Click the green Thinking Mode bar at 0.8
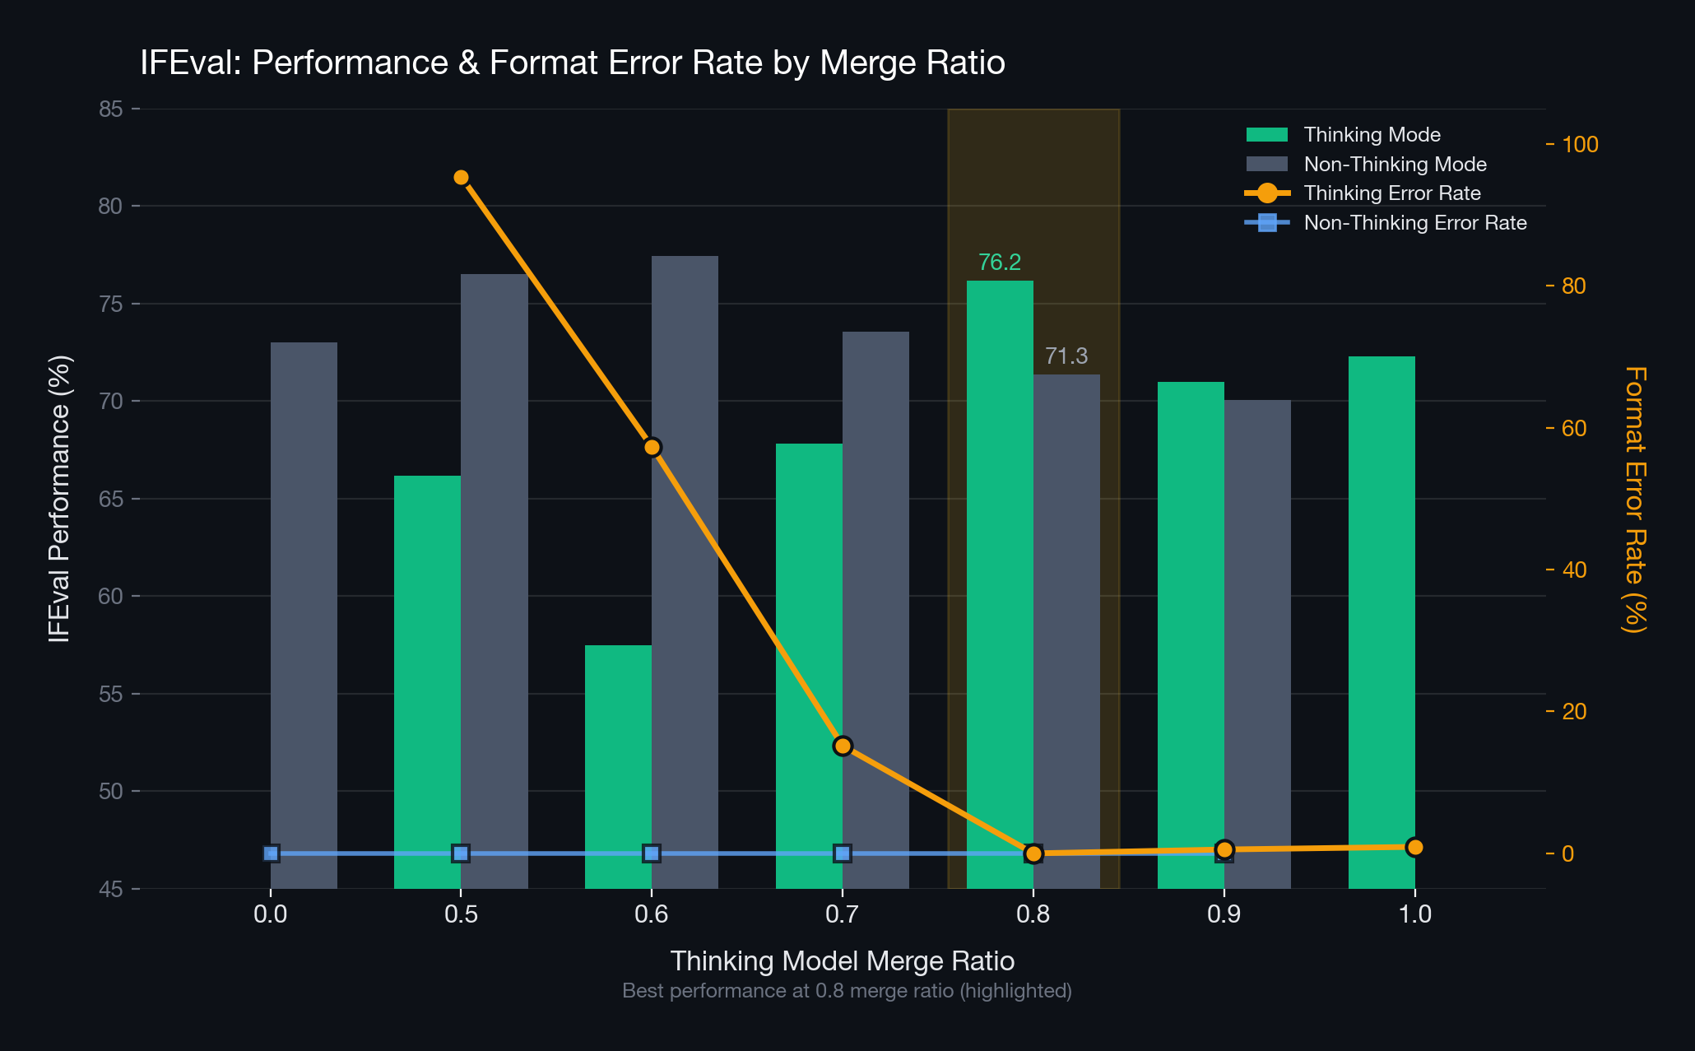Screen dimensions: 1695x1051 [x=1000, y=584]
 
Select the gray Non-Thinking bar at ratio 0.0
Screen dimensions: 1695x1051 [x=304, y=616]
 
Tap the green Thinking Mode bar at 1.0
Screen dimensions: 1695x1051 [x=1382, y=622]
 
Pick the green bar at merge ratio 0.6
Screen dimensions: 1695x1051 [x=618, y=767]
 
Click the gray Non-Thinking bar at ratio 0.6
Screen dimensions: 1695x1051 [x=685, y=572]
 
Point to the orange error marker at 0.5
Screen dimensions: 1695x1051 [x=461, y=178]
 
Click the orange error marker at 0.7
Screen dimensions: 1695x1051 [x=842, y=746]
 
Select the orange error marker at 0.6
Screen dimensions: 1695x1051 [x=652, y=448]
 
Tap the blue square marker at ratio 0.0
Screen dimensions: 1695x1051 [x=271, y=853]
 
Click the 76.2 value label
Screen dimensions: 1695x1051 [x=1000, y=263]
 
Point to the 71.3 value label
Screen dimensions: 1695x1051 [x=1066, y=356]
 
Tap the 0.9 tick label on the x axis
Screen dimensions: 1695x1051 [x=1224, y=914]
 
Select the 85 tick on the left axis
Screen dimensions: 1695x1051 [x=110, y=109]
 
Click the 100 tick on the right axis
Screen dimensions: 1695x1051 [x=1580, y=145]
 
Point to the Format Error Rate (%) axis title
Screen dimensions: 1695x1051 [x=1634, y=500]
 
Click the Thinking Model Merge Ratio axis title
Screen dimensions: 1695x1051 [x=843, y=961]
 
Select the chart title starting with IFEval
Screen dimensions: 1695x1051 [x=573, y=63]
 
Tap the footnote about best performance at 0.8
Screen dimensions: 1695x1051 [x=847, y=991]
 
